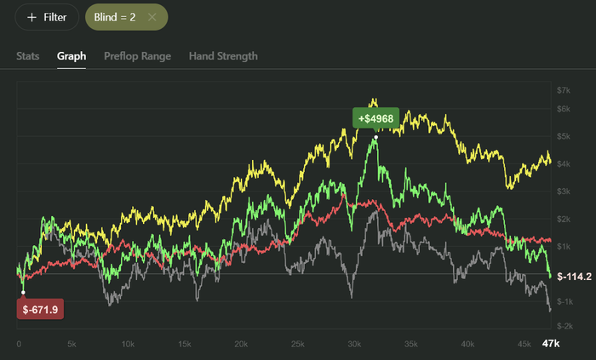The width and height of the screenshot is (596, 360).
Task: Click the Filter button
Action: (47, 17)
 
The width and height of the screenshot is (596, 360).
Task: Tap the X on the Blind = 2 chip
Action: (152, 17)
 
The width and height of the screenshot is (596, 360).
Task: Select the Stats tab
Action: (28, 56)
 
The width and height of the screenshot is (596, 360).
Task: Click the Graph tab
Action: (72, 56)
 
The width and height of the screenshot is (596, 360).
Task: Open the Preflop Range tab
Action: (137, 56)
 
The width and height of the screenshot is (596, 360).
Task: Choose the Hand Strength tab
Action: (223, 56)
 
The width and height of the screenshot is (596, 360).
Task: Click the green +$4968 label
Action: (375, 117)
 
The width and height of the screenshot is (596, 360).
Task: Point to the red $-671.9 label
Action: (41, 309)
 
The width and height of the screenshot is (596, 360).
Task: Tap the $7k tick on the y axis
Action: (564, 90)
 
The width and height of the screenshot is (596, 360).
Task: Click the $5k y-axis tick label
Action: (564, 136)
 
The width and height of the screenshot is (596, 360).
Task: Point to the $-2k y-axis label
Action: (564, 327)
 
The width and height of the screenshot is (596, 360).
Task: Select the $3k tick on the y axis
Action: (564, 191)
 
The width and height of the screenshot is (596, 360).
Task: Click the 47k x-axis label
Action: (551, 344)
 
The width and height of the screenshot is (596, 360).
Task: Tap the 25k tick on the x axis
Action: (297, 344)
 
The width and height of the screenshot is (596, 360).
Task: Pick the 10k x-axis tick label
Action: (128, 344)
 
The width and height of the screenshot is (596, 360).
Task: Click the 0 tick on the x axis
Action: (19, 344)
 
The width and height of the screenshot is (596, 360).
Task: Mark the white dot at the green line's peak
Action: (375, 136)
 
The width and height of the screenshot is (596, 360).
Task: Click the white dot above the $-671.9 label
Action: (23, 293)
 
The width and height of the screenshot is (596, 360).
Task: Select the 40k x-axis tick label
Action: (466, 344)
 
